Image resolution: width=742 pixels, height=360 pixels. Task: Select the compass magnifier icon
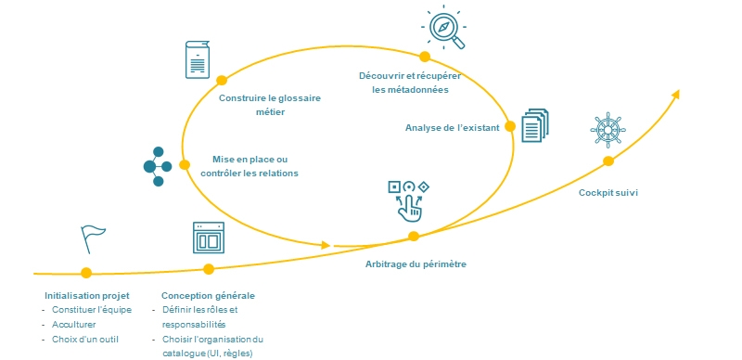tap(444, 28)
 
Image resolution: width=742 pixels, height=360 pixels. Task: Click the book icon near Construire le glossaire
tap(197, 59)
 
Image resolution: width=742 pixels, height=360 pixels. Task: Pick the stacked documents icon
tap(535, 125)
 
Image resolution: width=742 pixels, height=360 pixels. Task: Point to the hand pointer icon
tap(407, 199)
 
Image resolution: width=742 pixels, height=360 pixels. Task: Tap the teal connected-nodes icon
tap(156, 166)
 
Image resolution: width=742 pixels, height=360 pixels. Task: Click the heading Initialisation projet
tap(86, 295)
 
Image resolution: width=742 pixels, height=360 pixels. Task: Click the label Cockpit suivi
tap(608, 193)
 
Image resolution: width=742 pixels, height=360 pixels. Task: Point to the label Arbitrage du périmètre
tap(415, 264)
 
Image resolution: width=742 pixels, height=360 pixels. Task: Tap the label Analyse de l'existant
tap(452, 127)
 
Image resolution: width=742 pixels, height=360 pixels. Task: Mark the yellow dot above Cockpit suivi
tap(608, 161)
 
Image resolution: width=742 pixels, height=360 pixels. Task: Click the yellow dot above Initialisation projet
tap(86, 273)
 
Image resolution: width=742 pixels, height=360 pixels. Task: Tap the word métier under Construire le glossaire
tap(269, 112)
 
